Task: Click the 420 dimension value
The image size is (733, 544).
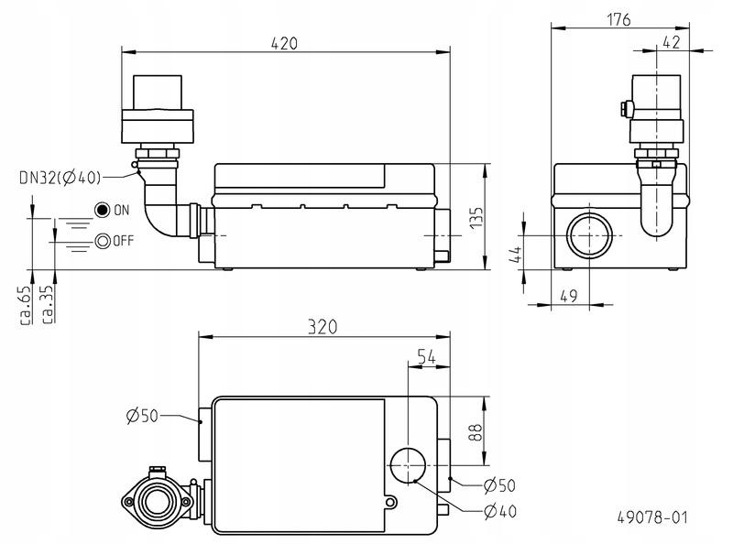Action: pyautogui.click(x=284, y=43)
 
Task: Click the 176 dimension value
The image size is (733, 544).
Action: pyautogui.click(x=618, y=20)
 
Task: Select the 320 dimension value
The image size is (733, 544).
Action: pyautogui.click(x=323, y=327)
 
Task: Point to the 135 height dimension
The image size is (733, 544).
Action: pyautogui.click(x=476, y=217)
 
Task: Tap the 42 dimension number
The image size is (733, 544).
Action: pyautogui.click(x=672, y=42)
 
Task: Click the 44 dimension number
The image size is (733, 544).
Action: pyautogui.click(x=515, y=255)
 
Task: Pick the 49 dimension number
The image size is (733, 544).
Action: pyautogui.click(x=568, y=296)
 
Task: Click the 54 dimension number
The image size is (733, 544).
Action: pyautogui.click(x=426, y=357)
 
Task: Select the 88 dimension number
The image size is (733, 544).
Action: pyautogui.click(x=475, y=433)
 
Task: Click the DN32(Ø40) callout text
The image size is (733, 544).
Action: pyautogui.click(x=60, y=178)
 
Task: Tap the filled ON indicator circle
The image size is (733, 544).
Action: pyautogui.click(x=102, y=211)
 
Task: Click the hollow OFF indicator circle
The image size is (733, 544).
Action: pyautogui.click(x=103, y=241)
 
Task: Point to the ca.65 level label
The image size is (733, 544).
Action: pyautogui.click(x=26, y=305)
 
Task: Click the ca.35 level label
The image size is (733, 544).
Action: pyautogui.click(x=48, y=305)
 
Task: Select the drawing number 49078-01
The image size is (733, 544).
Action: pyautogui.click(x=652, y=517)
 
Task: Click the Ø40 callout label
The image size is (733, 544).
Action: pyautogui.click(x=500, y=512)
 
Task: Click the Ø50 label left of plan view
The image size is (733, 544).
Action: pyautogui.click(x=143, y=416)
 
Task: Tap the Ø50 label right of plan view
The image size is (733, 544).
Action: pyautogui.click(x=499, y=485)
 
